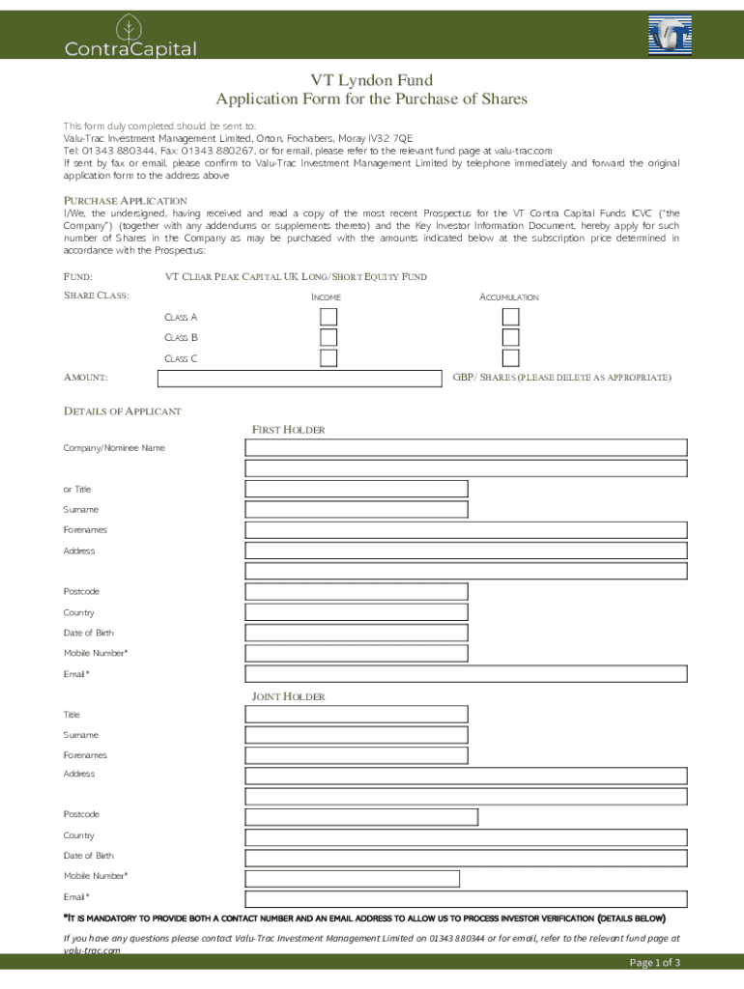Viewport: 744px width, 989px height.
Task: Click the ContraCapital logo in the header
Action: (x=130, y=38)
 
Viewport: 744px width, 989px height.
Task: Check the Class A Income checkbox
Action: (x=329, y=317)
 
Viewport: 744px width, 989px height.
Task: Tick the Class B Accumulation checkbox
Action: (x=510, y=337)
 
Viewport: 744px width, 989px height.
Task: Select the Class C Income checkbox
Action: (x=329, y=358)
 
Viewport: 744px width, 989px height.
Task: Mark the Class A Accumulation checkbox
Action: (x=510, y=317)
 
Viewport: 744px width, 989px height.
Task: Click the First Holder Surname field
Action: (x=357, y=509)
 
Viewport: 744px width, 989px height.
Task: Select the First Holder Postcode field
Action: (x=357, y=591)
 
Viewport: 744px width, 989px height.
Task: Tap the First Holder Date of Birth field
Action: (x=357, y=633)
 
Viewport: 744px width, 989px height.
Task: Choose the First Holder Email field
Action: (x=466, y=673)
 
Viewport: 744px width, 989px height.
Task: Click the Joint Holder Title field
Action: (x=357, y=714)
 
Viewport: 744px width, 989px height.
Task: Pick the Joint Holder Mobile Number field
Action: (x=352, y=878)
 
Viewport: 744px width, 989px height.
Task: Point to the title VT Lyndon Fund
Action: (x=371, y=80)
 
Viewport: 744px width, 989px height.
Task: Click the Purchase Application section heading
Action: (x=126, y=200)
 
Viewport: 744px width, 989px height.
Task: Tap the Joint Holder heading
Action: (x=288, y=696)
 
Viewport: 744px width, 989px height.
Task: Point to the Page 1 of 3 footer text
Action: (x=655, y=962)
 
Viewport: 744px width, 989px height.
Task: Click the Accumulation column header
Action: (x=509, y=297)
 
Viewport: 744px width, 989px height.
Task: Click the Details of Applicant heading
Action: (x=123, y=411)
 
